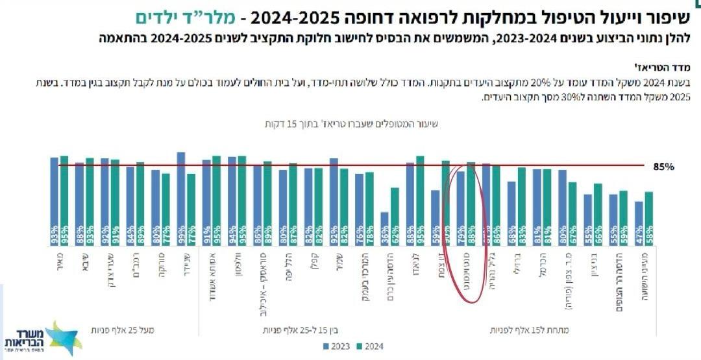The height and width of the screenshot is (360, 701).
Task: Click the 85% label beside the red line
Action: [664, 167]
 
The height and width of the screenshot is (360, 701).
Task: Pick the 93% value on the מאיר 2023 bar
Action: [54, 231]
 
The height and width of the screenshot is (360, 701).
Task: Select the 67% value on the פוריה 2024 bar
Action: [572, 231]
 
